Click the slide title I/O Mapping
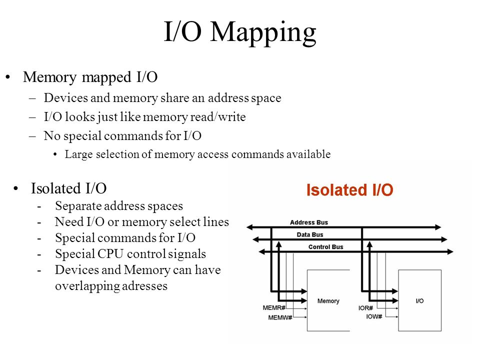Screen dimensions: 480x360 (240, 32)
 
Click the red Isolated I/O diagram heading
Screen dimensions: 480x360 (349, 190)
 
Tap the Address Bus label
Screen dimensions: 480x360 (309, 222)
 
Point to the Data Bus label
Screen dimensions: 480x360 (310, 234)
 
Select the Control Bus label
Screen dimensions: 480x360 (325, 246)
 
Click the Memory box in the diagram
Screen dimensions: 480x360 (328, 300)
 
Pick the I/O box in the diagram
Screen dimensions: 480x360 (419, 300)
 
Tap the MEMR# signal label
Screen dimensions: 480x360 (274, 307)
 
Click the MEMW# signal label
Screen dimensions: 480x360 (280, 317)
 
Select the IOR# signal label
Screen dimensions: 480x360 (365, 307)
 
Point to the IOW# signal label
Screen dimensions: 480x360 (374, 316)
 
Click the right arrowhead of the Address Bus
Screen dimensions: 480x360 (438, 227)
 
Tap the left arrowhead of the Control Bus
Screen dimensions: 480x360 (262, 251)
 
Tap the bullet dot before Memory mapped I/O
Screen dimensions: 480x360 (7, 77)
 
